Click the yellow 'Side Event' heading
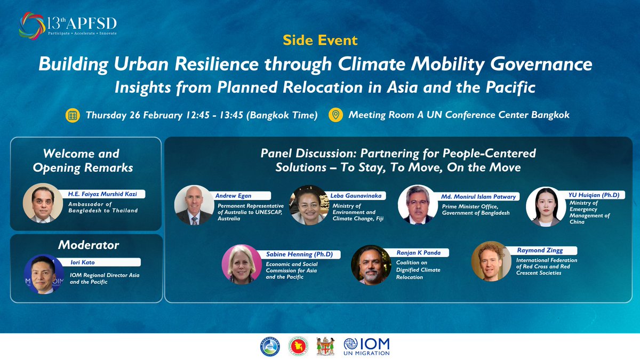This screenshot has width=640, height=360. coord(320,41)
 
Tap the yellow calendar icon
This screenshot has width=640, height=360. coord(73,115)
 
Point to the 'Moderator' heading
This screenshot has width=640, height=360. coord(88,245)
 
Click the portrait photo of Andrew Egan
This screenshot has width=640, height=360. coord(194,205)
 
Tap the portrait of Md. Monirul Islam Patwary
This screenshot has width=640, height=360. coord(418,205)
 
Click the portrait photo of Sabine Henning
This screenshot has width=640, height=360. coord(241,264)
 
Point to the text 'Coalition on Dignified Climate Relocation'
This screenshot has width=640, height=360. coord(418,270)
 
